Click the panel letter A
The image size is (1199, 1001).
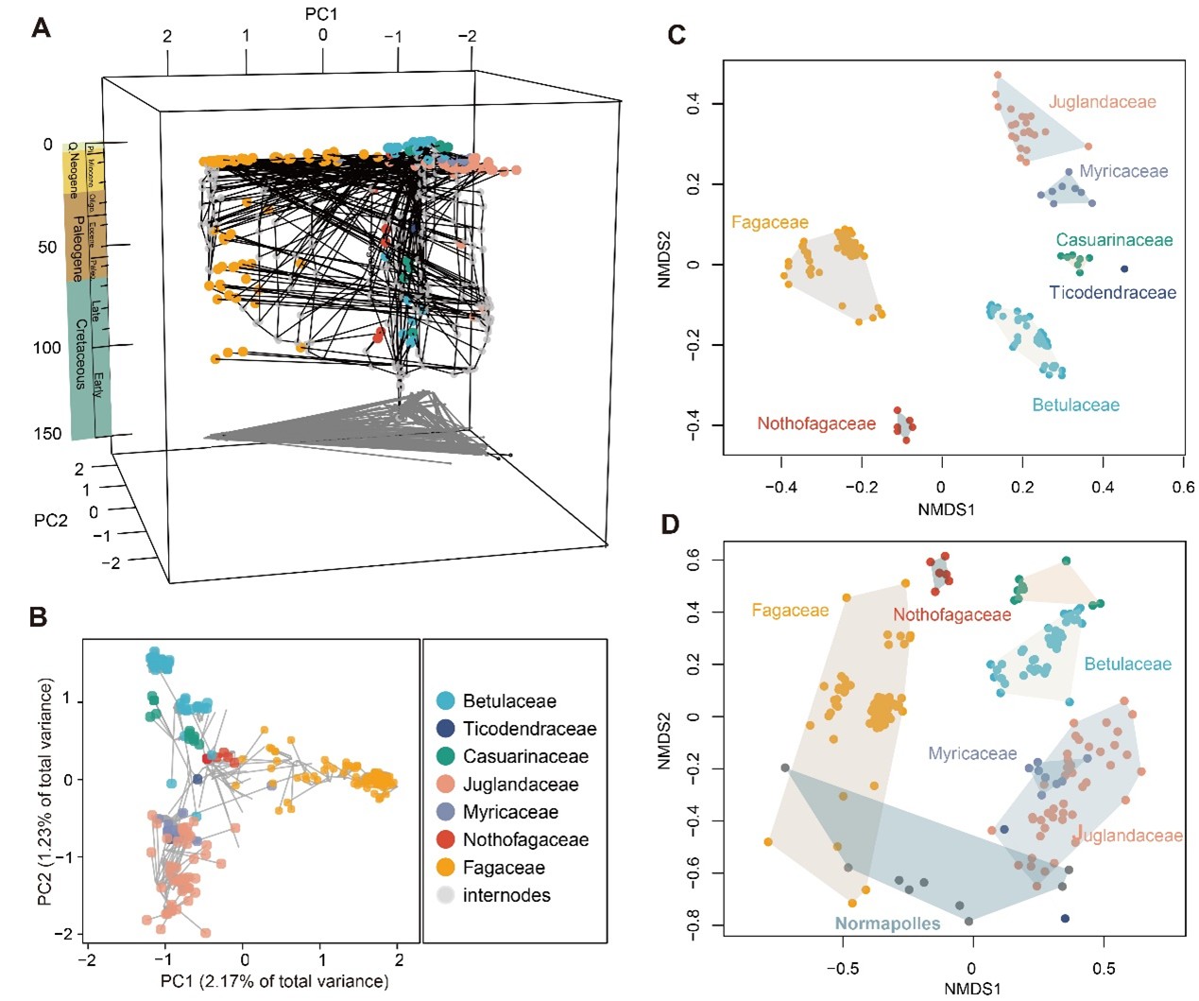pyautogui.click(x=41, y=28)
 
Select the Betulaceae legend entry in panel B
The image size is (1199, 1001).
pyautogui.click(x=508, y=701)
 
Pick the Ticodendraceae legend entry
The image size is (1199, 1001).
pyautogui.click(x=529, y=729)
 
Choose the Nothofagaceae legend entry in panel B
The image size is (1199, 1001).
pyautogui.click(x=524, y=839)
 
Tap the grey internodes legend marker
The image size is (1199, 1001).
pyautogui.click(x=445, y=895)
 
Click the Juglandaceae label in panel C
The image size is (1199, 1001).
pyautogui.click(x=1102, y=102)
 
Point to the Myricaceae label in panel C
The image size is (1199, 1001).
pyautogui.click(x=1123, y=171)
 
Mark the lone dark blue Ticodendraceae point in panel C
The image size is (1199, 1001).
pyautogui.click(x=1124, y=269)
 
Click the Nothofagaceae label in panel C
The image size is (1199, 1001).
pyautogui.click(x=816, y=423)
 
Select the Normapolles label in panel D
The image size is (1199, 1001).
pyautogui.click(x=887, y=923)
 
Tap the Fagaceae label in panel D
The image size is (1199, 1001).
pyautogui.click(x=790, y=611)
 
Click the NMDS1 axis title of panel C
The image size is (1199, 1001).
pyautogui.click(x=946, y=509)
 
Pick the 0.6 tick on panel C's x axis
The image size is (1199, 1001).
pyautogui.click(x=1183, y=487)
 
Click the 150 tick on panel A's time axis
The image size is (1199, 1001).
pyautogui.click(x=47, y=434)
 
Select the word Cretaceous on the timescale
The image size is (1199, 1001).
pyautogui.click(x=80, y=354)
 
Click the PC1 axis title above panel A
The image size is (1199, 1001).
pyautogui.click(x=321, y=13)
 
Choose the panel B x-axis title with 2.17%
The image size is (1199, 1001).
pyautogui.click(x=274, y=981)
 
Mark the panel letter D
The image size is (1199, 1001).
pyautogui.click(x=670, y=525)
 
